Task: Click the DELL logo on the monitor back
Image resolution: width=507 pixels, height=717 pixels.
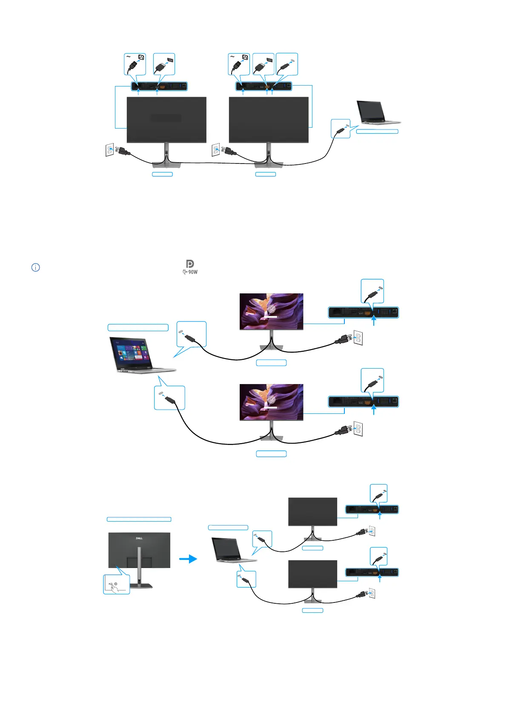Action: (139, 538)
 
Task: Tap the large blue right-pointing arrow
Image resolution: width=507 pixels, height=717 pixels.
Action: (188, 559)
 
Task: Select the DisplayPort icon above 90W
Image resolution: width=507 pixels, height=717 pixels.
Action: (190, 264)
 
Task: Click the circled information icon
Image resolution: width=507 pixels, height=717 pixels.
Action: (36, 267)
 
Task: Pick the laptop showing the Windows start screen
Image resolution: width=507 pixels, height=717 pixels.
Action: (140, 355)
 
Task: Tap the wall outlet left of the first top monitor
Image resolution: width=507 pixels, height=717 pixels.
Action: (110, 150)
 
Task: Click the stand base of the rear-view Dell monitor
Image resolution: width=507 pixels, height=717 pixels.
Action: (141, 585)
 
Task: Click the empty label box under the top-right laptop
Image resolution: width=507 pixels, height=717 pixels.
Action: (377, 132)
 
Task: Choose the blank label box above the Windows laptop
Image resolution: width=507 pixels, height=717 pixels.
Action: (138, 327)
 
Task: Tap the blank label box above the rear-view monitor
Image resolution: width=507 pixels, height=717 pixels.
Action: (139, 519)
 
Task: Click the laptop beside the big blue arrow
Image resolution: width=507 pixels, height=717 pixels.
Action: (232, 550)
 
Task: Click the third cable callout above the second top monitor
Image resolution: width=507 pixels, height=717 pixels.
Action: (287, 64)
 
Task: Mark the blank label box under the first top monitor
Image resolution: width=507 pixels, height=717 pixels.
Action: (162, 174)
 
